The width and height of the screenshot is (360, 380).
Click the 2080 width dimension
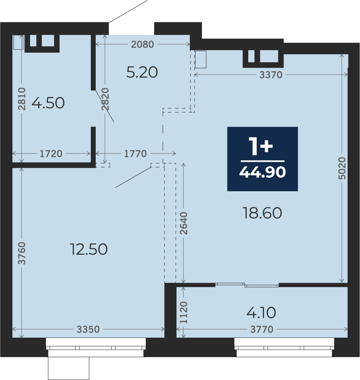pos(143,44)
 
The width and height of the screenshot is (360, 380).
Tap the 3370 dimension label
pos(271,75)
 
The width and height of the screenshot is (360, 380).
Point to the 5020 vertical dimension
pos(342,168)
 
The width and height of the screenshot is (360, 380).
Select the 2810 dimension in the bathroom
pos(22,99)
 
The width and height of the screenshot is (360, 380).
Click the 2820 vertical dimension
pos(105,99)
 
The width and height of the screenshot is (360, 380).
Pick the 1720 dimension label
pos(51,154)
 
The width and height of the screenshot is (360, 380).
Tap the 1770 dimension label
pos(135,154)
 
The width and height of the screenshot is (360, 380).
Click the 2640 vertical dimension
pos(183,223)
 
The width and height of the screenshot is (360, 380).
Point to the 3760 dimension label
pos(22,253)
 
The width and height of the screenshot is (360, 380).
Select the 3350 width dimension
pos(88,330)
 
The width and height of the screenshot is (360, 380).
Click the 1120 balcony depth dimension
pos(183,312)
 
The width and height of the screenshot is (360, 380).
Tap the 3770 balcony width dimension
pos(262,330)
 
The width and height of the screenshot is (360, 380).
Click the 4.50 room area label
pos(48,103)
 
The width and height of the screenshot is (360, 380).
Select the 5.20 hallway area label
pos(142,72)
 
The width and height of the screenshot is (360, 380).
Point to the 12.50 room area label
pos(89,249)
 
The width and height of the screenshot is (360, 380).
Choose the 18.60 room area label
pos(262,213)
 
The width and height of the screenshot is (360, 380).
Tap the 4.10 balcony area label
pos(261,313)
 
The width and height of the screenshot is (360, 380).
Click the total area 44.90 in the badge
pos(263,172)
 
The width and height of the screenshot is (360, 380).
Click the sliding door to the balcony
pos(247,285)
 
